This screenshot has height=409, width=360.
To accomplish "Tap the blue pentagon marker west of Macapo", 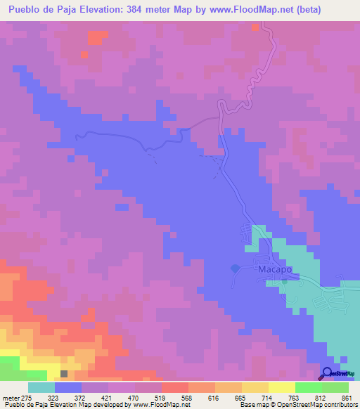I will [235, 268].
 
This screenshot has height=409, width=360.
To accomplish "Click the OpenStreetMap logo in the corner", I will [338, 374].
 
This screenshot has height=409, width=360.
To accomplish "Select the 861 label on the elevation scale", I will [345, 398].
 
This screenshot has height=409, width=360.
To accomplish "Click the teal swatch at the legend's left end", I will [41, 387].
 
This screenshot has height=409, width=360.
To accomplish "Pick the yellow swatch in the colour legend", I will [281, 387].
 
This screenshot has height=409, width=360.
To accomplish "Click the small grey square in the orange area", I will [65, 375].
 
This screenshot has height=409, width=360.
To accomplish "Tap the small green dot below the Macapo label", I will [284, 281].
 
